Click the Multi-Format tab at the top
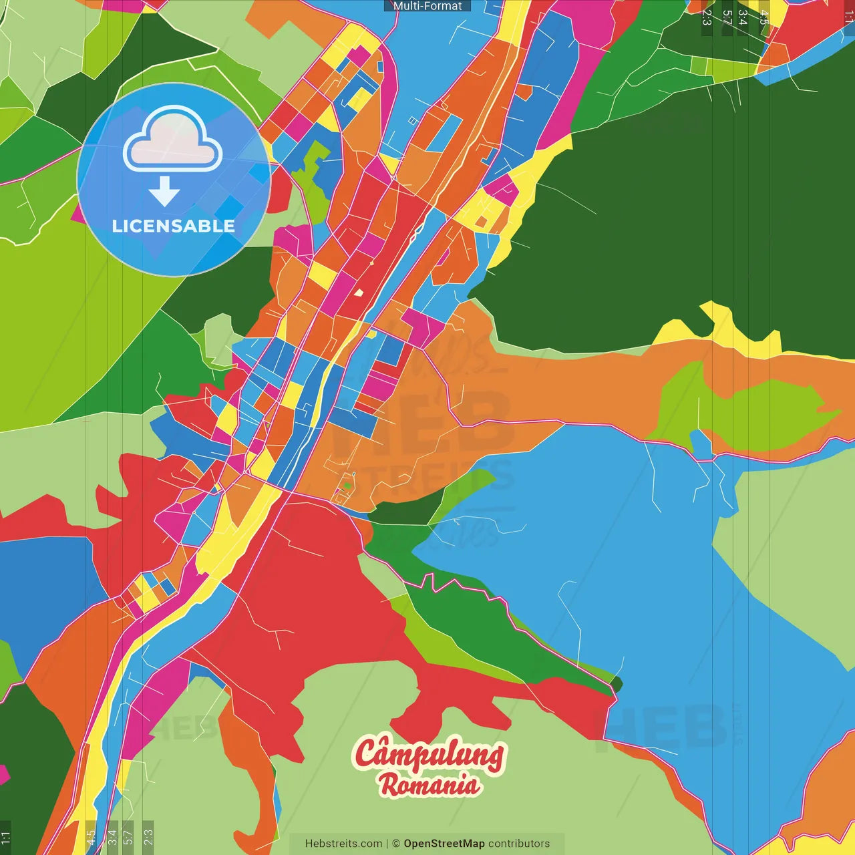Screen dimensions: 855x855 (x=427, y=6)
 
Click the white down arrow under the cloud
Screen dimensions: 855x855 (x=164, y=192)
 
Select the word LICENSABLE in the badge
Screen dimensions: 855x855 (x=173, y=226)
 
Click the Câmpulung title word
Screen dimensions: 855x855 (x=429, y=755)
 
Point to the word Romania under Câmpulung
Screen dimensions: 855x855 (x=430, y=784)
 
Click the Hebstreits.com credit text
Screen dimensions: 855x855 (x=343, y=844)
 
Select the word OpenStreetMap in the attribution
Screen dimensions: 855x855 (x=444, y=844)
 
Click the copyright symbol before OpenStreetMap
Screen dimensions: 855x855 (x=396, y=844)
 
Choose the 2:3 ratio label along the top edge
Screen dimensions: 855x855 (x=707, y=17)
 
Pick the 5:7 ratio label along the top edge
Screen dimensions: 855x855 (x=727, y=17)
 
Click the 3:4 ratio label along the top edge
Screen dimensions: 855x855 (x=743, y=17)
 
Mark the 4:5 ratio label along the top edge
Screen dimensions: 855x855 (x=763, y=17)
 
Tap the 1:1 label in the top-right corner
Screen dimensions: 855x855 (x=849, y=17)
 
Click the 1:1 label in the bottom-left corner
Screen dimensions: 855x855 (x=5, y=838)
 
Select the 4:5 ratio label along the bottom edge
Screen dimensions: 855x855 (x=91, y=838)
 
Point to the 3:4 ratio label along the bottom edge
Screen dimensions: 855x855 (x=112, y=838)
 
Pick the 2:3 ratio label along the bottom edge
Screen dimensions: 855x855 (x=148, y=838)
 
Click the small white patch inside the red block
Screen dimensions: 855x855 (x=359, y=292)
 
